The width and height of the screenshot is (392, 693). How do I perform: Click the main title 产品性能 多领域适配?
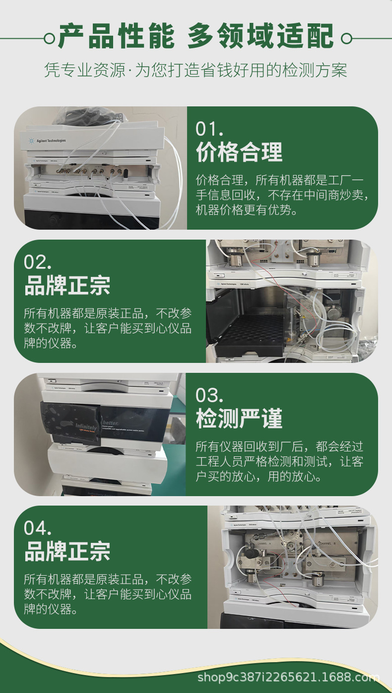196,36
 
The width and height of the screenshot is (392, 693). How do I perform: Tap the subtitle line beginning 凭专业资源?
196,70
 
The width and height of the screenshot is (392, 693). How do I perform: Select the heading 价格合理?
239,152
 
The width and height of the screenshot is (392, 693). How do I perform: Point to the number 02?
38,262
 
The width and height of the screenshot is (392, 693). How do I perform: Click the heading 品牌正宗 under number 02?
67,285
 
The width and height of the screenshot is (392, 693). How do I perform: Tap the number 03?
210,395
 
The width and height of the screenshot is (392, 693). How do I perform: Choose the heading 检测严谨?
239,418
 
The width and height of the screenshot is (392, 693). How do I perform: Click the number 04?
38,528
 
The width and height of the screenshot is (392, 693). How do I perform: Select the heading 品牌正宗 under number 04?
67,551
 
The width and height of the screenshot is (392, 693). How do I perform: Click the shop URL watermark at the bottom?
288,677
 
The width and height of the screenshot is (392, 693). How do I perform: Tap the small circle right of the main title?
347,38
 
